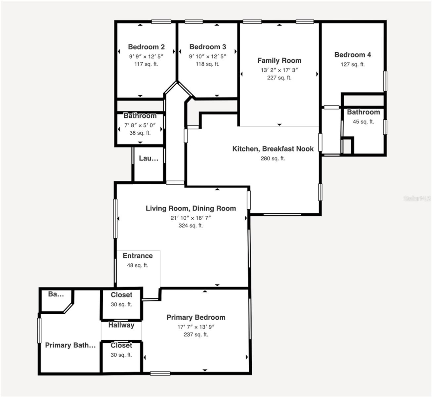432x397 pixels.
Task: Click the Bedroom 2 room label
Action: pyautogui.click(x=146, y=47)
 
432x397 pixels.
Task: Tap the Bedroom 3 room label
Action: pyautogui.click(x=208, y=47)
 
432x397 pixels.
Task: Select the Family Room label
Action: pyautogui.click(x=279, y=61)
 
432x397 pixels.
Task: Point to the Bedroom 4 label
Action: pyautogui.click(x=353, y=55)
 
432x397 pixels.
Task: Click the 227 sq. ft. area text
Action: pyautogui.click(x=279, y=78)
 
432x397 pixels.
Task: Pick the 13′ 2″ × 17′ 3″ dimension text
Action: pyautogui.click(x=279, y=70)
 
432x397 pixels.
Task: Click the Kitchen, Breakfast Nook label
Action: pyautogui.click(x=273, y=149)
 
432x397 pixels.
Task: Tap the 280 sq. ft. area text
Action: pyautogui.click(x=273, y=158)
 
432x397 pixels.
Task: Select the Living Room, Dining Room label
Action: pyautogui.click(x=191, y=208)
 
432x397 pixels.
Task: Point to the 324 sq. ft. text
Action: pyautogui.click(x=191, y=226)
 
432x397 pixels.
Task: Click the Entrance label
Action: pyautogui.click(x=138, y=256)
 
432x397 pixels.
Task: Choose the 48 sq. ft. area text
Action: pyautogui.click(x=138, y=265)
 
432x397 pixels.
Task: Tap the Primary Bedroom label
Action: pyautogui.click(x=196, y=318)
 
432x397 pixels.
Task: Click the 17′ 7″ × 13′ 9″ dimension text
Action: pyautogui.click(x=196, y=327)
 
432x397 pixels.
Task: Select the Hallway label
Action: pyautogui.click(x=121, y=325)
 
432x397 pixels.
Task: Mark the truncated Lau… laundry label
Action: pyautogui.click(x=149, y=158)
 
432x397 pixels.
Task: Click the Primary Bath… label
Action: pyautogui.click(x=70, y=345)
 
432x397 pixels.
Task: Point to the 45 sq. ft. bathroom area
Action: pyautogui.click(x=363, y=122)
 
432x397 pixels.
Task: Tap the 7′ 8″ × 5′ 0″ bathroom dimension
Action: pyautogui.click(x=140, y=125)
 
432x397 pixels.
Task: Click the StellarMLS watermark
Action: pyautogui.click(x=417, y=198)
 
